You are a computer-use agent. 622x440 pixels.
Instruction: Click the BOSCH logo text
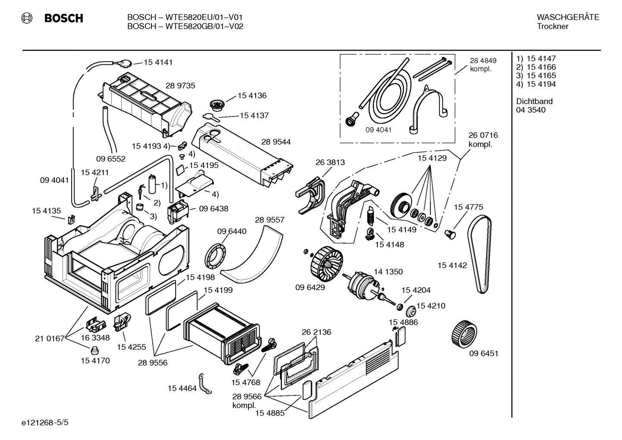coord(63,18)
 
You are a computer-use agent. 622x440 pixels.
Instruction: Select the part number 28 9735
coord(180,85)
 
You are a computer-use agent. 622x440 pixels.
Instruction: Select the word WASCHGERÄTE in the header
coord(568,17)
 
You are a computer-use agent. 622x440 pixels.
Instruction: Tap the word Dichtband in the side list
coord(534,101)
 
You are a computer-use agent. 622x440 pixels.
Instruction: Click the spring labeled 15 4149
coord(370,215)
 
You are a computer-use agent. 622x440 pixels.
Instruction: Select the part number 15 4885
coord(270,413)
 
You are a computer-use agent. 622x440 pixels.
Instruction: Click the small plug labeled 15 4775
coord(449,234)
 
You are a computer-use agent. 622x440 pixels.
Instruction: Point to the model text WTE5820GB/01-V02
coord(185,26)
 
